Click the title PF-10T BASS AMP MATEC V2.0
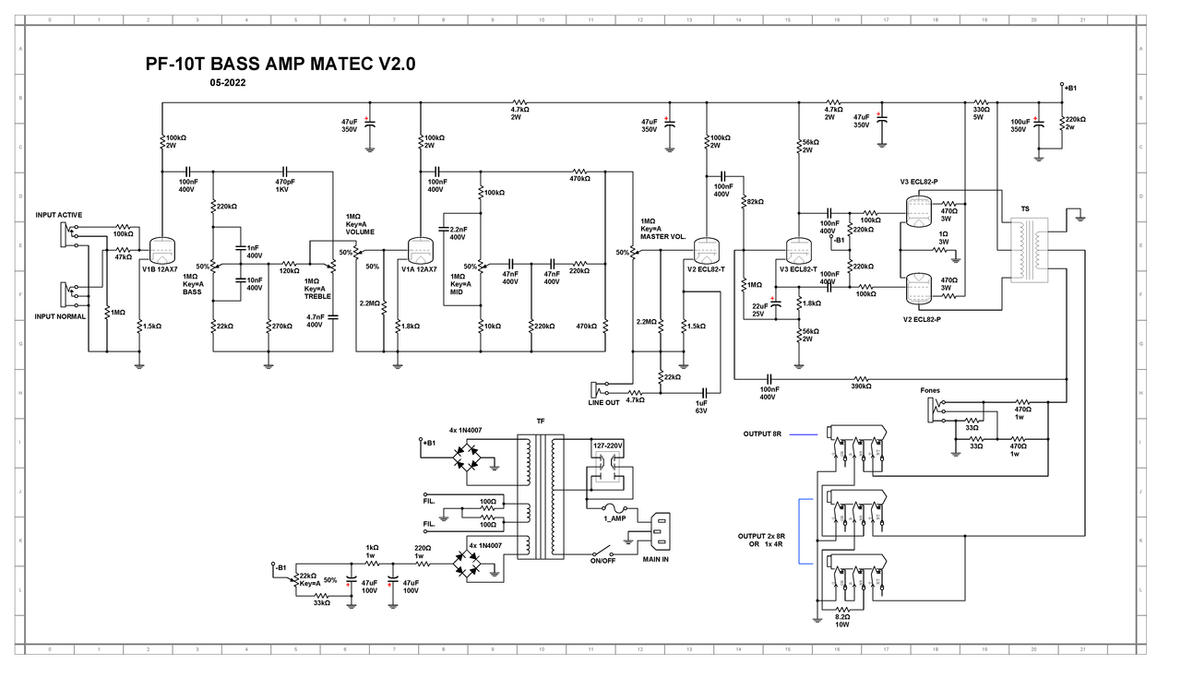tap(280, 64)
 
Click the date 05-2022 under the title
tap(227, 83)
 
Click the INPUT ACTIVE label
tap(59, 215)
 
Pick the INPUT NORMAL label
tap(60, 316)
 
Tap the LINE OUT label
tap(604, 402)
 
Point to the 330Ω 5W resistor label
tap(980, 113)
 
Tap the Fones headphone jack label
tap(930, 390)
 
